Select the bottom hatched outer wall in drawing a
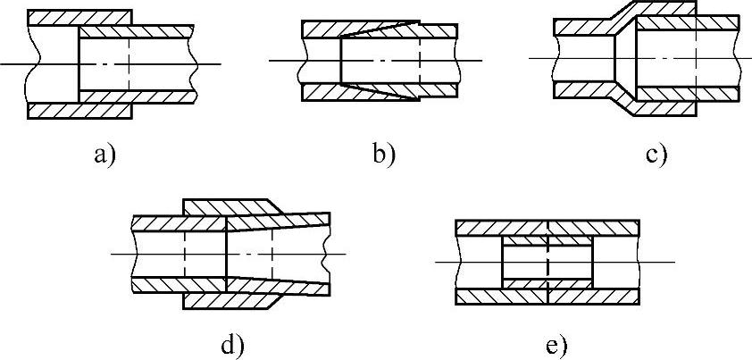pyautogui.click(x=80, y=110)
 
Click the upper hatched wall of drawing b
pyautogui.click(x=322, y=29)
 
